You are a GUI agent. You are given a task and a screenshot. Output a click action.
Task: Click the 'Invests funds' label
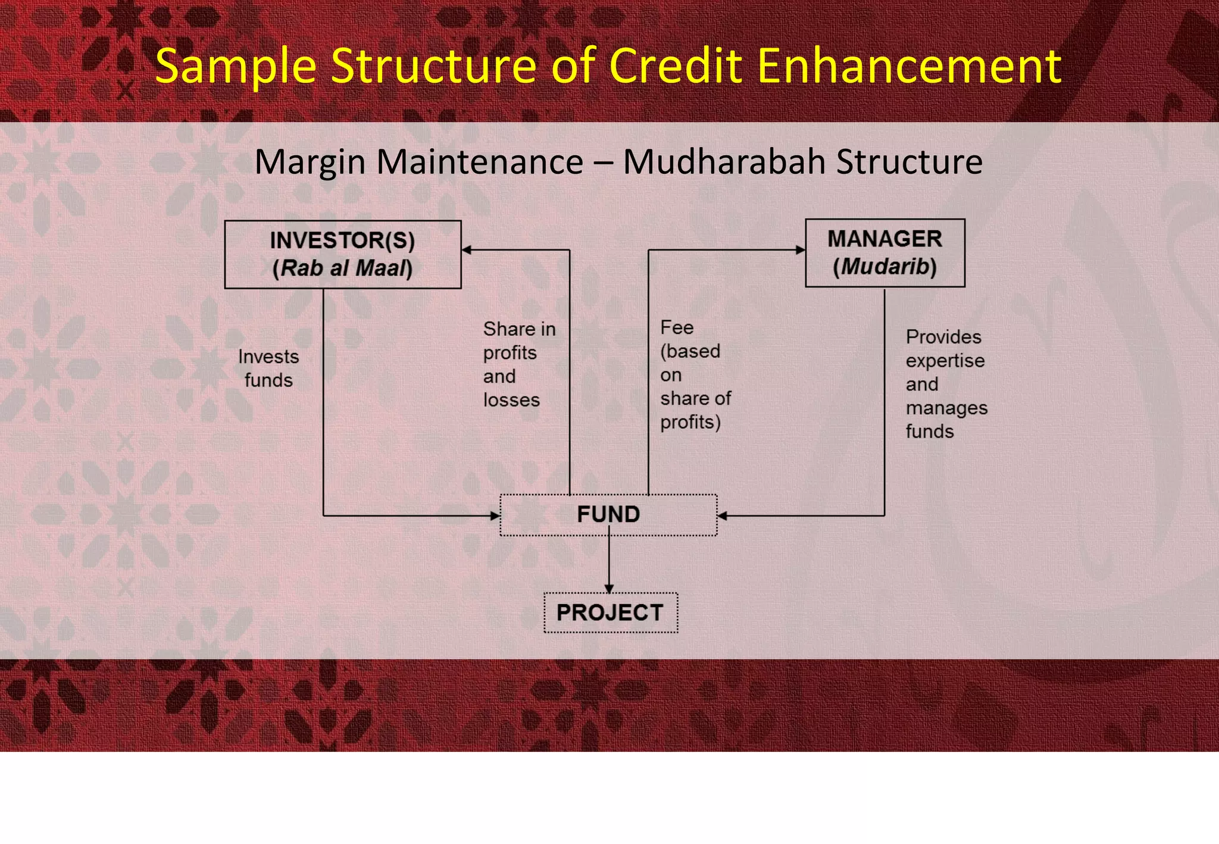(268, 368)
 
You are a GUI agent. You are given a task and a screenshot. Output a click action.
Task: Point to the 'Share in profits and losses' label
(519, 364)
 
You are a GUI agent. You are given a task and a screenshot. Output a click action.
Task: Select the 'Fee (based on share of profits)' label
(695, 374)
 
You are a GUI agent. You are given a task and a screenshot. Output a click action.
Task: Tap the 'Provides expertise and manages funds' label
(946, 384)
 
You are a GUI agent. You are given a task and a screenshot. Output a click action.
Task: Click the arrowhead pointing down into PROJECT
(609, 589)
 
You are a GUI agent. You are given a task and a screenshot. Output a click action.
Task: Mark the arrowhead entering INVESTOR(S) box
(467, 250)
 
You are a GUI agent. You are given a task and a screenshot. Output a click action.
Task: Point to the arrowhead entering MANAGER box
(801, 250)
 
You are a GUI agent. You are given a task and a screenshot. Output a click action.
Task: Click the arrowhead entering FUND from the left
(495, 516)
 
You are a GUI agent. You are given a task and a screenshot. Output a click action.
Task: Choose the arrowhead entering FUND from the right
(723, 516)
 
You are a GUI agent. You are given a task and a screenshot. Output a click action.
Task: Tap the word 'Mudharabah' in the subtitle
(724, 161)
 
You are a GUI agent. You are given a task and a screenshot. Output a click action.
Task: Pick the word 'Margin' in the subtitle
(310, 162)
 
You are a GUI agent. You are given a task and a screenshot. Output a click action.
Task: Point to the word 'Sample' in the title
(236, 67)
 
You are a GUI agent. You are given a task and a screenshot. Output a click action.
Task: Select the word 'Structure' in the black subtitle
(909, 161)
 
